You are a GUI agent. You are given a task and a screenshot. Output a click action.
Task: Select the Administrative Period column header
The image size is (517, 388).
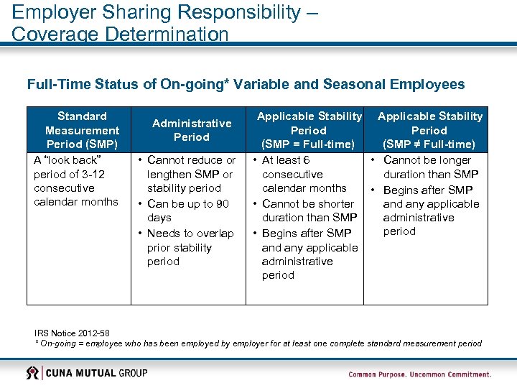click(x=191, y=130)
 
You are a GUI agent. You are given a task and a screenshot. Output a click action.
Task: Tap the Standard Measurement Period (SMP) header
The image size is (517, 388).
click(x=82, y=130)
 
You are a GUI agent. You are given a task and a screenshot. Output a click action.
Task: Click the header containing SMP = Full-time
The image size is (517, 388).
click(x=309, y=130)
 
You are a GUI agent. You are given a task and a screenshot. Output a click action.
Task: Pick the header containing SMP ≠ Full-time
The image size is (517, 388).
click(x=429, y=130)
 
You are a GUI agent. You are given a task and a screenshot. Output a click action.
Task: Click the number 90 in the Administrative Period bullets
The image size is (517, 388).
click(x=222, y=204)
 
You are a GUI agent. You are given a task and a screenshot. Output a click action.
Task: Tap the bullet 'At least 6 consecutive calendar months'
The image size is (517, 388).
click(x=303, y=174)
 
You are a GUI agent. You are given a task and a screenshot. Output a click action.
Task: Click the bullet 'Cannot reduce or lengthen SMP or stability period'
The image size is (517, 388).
click(x=190, y=174)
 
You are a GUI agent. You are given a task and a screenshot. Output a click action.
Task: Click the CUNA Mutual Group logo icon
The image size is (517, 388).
click(x=33, y=373)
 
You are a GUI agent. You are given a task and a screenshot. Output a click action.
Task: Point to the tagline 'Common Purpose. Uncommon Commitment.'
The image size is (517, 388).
click(x=419, y=374)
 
